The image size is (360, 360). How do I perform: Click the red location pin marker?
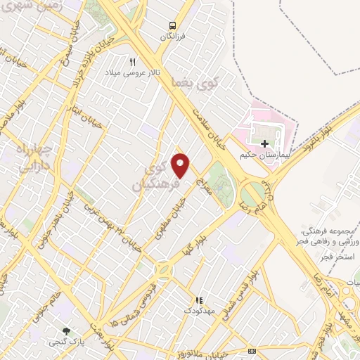(x=181, y=165)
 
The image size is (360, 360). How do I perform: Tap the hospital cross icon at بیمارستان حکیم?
(x=264, y=144)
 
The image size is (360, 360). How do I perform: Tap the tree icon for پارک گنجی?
(x=67, y=330)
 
